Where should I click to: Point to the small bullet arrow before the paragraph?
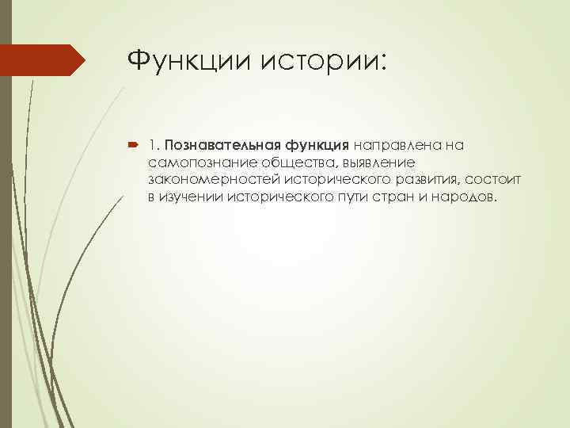pyautogui.click(x=133, y=146)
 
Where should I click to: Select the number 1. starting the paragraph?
pyautogui.click(x=153, y=146)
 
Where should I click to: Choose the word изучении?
pyautogui.click(x=192, y=196)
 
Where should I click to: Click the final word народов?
pyautogui.click(x=465, y=196)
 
